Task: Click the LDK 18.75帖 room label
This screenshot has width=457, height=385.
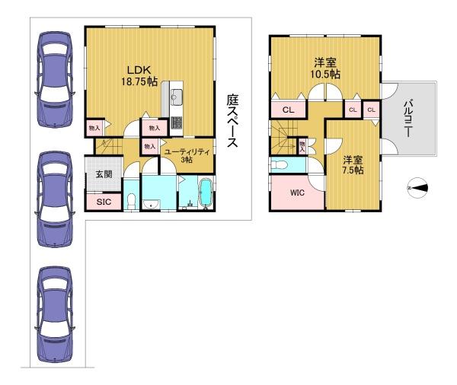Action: (139, 76)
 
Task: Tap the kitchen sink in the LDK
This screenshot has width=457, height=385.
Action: (177, 96)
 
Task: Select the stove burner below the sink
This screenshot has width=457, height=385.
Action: (177, 123)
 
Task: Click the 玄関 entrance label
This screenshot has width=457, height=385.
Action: (104, 174)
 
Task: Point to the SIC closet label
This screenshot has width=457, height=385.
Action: (104, 202)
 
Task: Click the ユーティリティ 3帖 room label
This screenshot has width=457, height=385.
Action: (187, 155)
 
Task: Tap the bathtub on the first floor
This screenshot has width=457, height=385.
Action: (206, 193)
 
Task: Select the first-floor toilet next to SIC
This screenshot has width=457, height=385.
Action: (132, 201)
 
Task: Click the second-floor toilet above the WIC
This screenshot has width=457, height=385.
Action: (279, 165)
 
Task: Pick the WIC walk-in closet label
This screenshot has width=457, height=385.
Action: (297, 192)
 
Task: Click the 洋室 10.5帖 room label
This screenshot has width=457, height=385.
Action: (325, 68)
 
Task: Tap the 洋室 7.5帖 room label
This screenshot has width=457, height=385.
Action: (353, 165)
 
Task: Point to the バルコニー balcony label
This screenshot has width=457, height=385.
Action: (408, 118)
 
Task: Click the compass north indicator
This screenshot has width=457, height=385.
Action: (417, 188)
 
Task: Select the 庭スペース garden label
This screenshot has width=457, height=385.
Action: (232, 120)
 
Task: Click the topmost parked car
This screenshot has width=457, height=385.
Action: (55, 79)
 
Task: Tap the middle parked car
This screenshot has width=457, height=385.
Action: (55, 199)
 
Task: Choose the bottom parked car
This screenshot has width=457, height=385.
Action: (55, 314)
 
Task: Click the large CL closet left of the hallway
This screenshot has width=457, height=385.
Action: (289, 110)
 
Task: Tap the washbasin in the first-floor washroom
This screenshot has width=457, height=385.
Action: (151, 204)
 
